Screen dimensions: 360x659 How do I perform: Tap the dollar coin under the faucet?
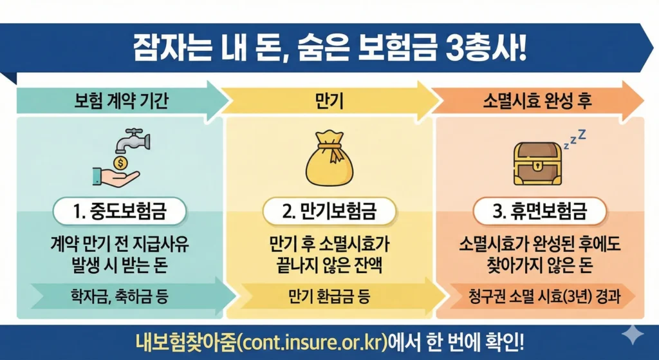pyautogui.click(x=120, y=161)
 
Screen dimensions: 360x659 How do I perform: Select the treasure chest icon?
pyautogui.click(x=539, y=163)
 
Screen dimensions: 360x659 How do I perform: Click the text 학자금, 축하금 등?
pyautogui.click(x=120, y=297)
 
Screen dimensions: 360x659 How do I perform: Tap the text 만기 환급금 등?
pyautogui.click(x=329, y=297)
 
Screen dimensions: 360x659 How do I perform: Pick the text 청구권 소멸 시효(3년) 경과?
pyautogui.click(x=540, y=297)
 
